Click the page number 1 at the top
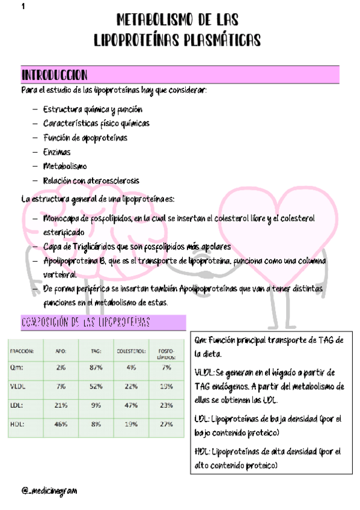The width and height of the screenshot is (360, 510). coord(22,7)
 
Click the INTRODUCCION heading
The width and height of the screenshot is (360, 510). coord(55,75)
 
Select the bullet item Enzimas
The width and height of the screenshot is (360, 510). coord(56,152)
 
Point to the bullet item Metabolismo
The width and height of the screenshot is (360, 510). coord(65,166)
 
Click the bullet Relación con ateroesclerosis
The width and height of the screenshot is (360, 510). coord(91,180)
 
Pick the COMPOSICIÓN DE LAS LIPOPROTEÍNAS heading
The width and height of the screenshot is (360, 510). coord(85,324)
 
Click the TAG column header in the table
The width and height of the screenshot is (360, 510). coord(95,351)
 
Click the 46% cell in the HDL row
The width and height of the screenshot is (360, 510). coord(61,425)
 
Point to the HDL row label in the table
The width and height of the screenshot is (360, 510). coord(19,425)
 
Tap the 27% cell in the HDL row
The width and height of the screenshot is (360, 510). coord(166,425)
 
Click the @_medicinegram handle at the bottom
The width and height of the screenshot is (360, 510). coord(49,490)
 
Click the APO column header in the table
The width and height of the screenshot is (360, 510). coord(61,351)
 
